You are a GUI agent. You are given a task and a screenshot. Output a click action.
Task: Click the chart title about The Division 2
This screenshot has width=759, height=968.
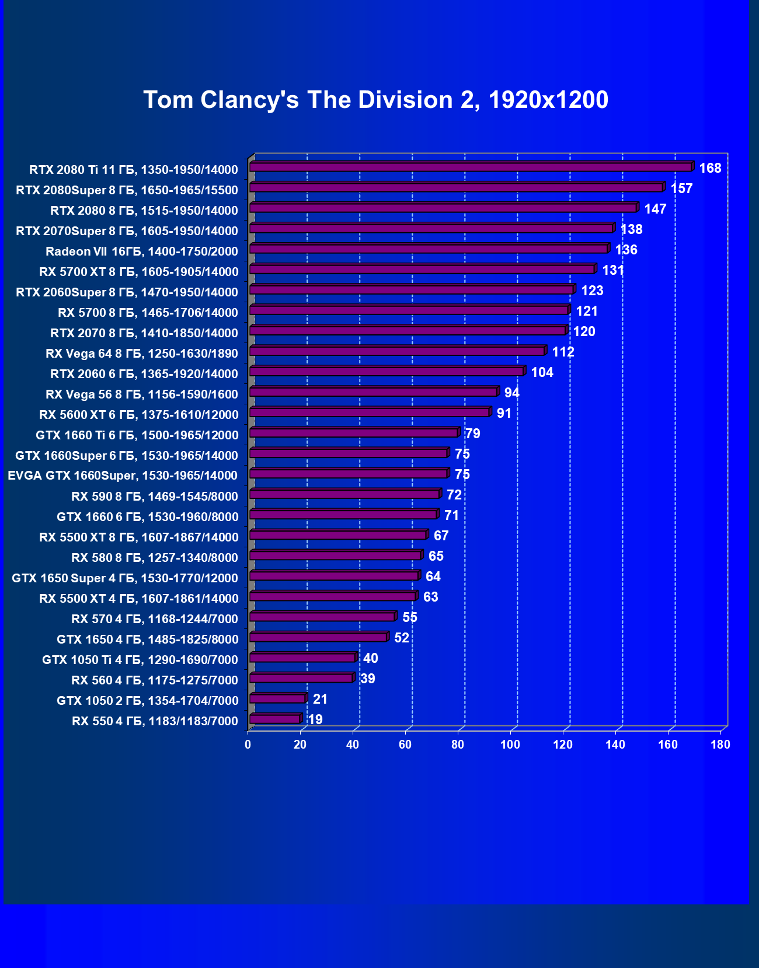(x=375, y=100)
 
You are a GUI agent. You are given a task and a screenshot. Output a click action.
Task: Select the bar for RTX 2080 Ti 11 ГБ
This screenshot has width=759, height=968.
(x=470, y=167)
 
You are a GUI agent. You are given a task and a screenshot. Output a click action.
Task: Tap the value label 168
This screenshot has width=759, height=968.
(x=710, y=169)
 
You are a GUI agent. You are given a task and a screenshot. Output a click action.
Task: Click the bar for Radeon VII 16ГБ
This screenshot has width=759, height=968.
(x=429, y=249)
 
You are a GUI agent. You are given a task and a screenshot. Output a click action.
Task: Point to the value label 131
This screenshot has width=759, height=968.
(x=613, y=271)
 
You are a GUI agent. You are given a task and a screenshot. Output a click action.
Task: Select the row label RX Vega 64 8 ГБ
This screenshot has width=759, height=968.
(x=142, y=354)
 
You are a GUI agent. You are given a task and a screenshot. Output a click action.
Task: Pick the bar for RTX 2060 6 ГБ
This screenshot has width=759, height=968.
(x=387, y=372)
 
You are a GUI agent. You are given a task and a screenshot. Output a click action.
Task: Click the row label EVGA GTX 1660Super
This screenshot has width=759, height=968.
(x=123, y=476)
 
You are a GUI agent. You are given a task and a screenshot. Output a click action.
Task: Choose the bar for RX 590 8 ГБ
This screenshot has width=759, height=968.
(x=344, y=494)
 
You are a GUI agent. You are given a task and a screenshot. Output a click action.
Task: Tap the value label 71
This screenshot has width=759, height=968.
(x=451, y=516)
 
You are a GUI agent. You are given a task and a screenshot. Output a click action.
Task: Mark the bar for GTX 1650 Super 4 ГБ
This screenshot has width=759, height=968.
(x=334, y=576)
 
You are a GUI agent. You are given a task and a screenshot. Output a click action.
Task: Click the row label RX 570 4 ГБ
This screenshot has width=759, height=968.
(x=155, y=619)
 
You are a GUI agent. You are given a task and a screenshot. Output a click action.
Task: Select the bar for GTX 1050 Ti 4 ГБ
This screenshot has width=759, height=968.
(x=302, y=658)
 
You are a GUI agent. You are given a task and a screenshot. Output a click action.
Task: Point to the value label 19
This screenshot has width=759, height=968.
(x=315, y=720)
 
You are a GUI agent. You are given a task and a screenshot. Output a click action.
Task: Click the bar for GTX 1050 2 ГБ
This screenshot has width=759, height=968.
(x=277, y=698)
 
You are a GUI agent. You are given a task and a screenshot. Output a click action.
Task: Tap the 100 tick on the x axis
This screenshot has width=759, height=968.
(x=510, y=745)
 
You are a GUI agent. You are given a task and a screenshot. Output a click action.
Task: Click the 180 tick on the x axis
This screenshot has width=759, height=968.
(x=720, y=745)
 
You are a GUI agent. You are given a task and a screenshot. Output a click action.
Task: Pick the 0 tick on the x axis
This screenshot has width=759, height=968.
(x=248, y=745)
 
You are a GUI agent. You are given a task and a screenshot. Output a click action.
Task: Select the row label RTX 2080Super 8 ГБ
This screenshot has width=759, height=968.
(x=127, y=190)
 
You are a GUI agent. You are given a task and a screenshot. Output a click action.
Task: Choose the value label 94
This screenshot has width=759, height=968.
(x=511, y=393)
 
